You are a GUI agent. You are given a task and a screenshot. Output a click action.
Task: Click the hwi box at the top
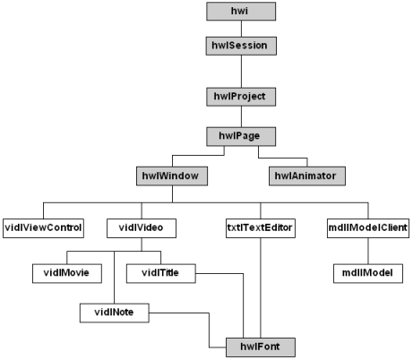241,12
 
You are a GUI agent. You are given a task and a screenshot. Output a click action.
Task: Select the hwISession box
241,46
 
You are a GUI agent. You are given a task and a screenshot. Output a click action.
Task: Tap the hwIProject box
241,97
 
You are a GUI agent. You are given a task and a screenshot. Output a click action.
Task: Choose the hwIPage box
241,136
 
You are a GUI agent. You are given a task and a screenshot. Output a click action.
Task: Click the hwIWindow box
172,176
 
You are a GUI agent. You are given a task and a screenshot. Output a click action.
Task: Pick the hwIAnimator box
307,176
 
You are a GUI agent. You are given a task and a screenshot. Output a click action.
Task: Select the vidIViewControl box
43,228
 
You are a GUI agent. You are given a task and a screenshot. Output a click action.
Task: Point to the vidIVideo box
142,228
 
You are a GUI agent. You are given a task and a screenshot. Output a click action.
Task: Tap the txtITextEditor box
261,228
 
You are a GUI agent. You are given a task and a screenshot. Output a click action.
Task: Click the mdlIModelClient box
368,228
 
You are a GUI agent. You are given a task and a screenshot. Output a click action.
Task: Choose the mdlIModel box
368,273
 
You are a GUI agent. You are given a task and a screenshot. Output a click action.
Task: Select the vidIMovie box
67,273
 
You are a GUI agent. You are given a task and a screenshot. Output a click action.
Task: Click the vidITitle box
161,273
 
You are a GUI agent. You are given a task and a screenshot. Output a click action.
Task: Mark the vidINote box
115,313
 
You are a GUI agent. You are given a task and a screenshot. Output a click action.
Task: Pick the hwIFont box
261,347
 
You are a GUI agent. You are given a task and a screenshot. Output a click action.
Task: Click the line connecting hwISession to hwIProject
241,72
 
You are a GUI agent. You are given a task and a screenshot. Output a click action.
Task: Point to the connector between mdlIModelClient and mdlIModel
368,251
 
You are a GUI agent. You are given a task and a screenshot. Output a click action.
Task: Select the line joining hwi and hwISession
241,29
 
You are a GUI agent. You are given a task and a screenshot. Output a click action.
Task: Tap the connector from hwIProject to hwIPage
241,116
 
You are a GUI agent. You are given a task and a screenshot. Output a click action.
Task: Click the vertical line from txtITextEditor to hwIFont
261,288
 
